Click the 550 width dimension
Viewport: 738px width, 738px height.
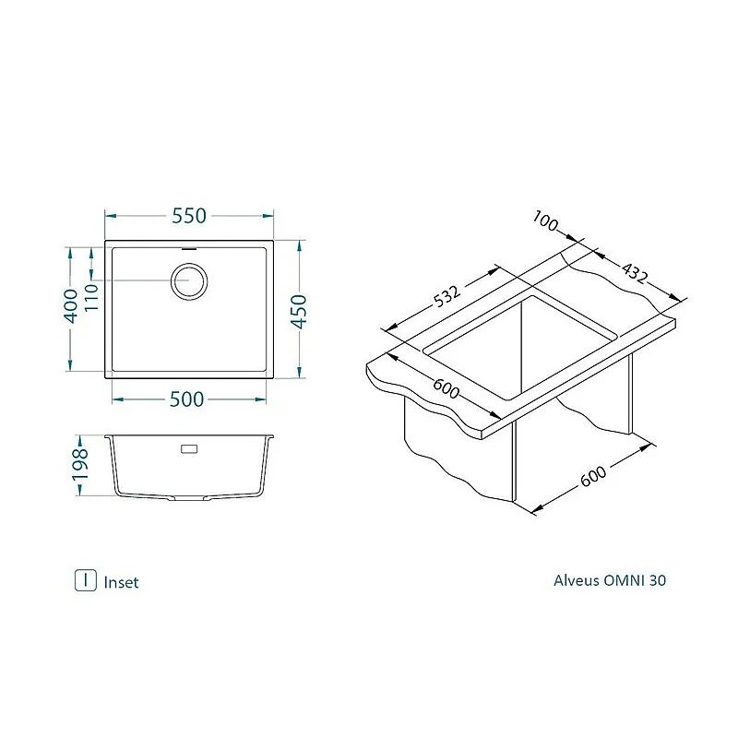click(x=188, y=216)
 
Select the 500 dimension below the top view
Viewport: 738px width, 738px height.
click(x=186, y=399)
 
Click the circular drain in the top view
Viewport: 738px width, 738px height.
click(x=190, y=280)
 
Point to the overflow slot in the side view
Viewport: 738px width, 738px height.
click(x=189, y=449)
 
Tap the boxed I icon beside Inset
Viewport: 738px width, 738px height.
click(x=85, y=580)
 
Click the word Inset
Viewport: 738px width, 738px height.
click(x=122, y=582)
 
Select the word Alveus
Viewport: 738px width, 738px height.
click(x=577, y=581)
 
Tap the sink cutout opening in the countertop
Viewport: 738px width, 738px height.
click(x=521, y=346)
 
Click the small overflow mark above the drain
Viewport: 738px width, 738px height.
click(x=190, y=248)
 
